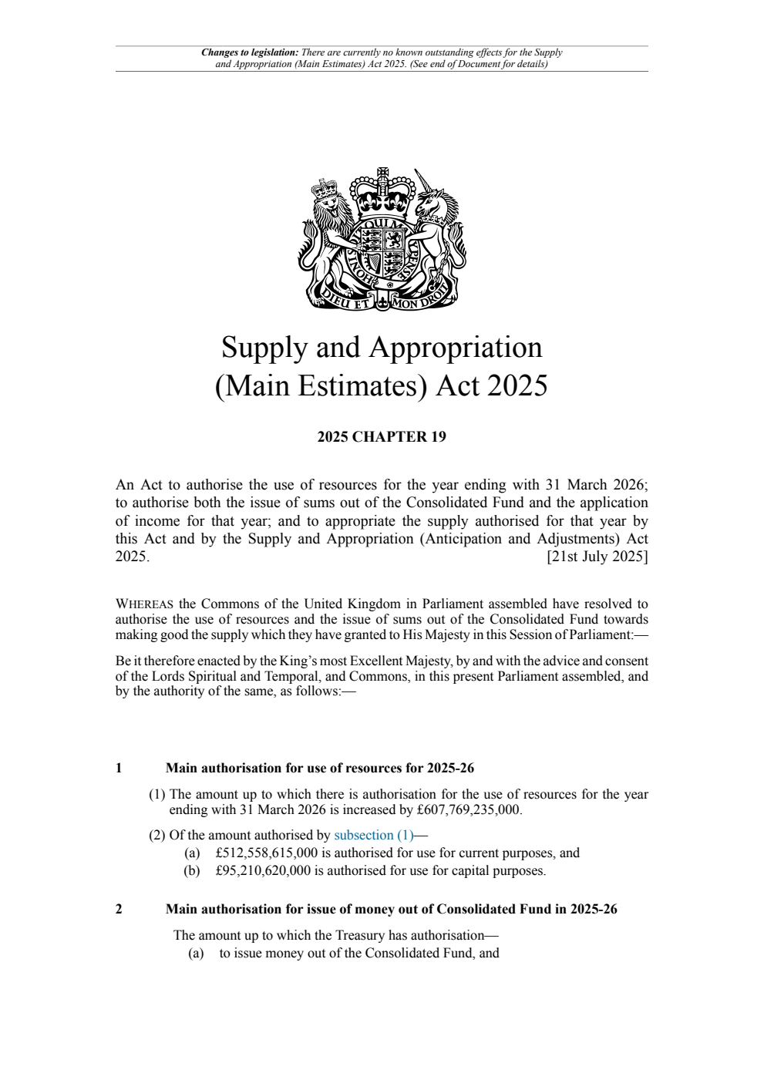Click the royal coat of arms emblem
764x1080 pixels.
pyautogui.click(x=382, y=239)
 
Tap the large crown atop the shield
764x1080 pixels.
pyautogui.click(x=382, y=191)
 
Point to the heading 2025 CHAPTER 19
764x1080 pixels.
pyautogui.click(x=382, y=437)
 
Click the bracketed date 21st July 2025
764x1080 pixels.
pyautogui.click(x=597, y=557)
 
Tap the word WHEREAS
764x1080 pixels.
pyautogui.click(x=144, y=604)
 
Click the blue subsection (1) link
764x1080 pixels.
pyautogui.click(x=374, y=836)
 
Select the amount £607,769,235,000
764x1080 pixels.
pyautogui.click(x=468, y=810)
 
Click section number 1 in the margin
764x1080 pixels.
pyautogui.click(x=119, y=769)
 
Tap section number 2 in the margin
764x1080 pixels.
pyautogui.click(x=119, y=910)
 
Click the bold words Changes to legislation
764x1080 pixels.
pyautogui.click(x=249, y=53)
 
